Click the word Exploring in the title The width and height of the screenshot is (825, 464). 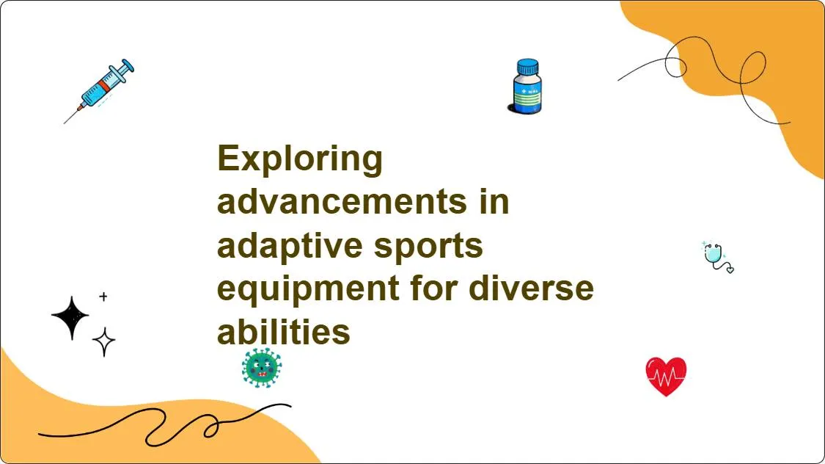click(x=300, y=159)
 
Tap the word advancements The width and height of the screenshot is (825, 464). click(x=342, y=201)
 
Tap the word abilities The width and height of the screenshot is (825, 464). click(x=284, y=332)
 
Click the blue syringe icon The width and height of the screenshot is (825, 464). click(x=100, y=90)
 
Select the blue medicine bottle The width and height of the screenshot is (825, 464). click(x=526, y=87)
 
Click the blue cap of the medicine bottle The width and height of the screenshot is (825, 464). click(x=528, y=67)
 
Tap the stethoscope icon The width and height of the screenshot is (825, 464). click(x=718, y=257)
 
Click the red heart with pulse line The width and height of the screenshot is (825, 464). click(x=666, y=376)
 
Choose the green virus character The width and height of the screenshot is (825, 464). click(x=262, y=368)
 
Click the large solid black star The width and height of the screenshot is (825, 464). click(x=70, y=317)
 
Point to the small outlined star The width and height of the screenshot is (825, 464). click(x=103, y=342)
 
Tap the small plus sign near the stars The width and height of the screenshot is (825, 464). click(x=103, y=297)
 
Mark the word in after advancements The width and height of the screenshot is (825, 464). click(x=494, y=201)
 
